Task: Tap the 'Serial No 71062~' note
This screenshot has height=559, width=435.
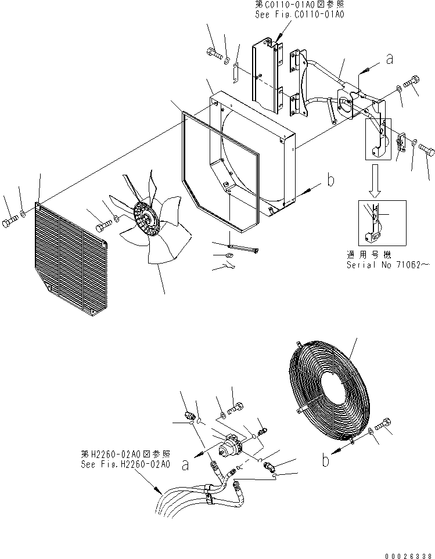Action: coord(387,264)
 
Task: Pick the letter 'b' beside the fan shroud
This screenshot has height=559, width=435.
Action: coord(330,181)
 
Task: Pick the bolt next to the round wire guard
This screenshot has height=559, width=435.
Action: coord(384,425)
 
